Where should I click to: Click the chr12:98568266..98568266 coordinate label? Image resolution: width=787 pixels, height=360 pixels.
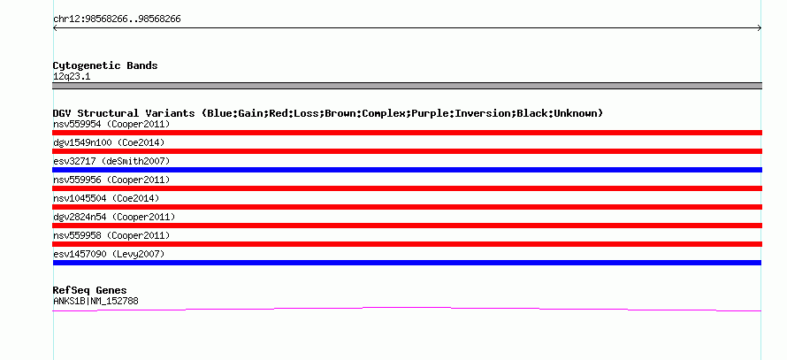click(x=117, y=19)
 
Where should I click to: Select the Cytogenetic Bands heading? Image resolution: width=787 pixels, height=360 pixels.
click(x=105, y=65)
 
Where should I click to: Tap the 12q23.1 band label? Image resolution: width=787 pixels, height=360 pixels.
click(x=72, y=77)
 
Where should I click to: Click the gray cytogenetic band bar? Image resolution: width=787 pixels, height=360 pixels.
click(x=407, y=86)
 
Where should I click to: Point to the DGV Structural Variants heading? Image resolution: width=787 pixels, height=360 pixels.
click(x=328, y=113)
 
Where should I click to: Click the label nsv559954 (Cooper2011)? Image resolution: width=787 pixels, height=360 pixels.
click(x=111, y=124)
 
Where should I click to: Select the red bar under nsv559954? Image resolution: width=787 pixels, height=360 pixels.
click(x=407, y=133)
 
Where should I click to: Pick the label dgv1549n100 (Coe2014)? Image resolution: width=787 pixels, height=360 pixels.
click(x=109, y=142)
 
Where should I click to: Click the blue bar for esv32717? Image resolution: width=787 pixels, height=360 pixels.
click(x=407, y=170)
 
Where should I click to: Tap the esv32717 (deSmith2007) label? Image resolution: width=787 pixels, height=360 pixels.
click(x=111, y=161)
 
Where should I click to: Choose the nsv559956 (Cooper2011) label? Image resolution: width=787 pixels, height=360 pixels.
click(x=111, y=180)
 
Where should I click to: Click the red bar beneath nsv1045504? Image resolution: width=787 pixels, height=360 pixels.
click(x=407, y=207)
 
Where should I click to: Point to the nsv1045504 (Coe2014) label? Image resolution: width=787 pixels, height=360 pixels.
click(x=106, y=198)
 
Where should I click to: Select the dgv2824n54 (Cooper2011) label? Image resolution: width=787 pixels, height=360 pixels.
click(x=114, y=217)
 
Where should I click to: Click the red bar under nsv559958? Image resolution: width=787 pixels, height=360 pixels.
click(x=407, y=244)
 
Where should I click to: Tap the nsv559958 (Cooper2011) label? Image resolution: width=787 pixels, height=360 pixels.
click(x=111, y=235)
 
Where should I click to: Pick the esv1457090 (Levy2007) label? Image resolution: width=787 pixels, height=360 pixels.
click(x=109, y=254)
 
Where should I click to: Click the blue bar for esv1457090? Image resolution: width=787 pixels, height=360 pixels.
click(x=407, y=263)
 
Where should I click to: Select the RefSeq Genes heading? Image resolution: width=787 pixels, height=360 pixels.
click(x=90, y=290)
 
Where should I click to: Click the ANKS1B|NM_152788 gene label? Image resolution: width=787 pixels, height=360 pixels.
click(x=96, y=302)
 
